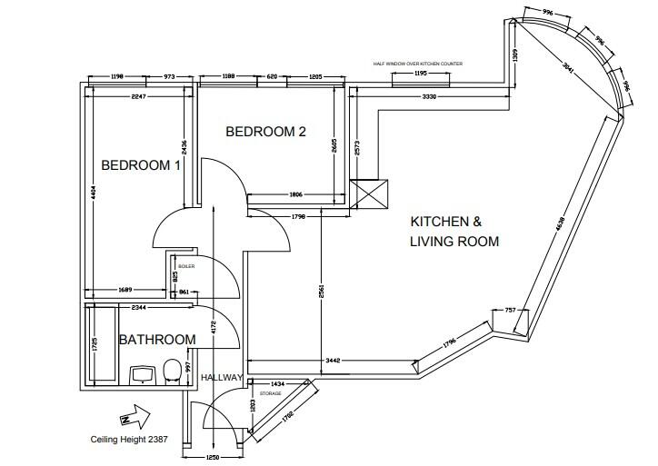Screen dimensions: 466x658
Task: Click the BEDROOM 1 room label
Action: (141, 165)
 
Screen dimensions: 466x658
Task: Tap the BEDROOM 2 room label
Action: (265, 132)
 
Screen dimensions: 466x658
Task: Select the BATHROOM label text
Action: (157, 340)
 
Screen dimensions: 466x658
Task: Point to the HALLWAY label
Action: (221, 378)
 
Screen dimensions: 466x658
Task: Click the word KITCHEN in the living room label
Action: (439, 222)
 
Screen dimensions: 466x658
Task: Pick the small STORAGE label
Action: (270, 393)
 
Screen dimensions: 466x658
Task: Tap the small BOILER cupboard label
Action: (186, 266)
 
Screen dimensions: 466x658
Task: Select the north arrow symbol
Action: (132, 417)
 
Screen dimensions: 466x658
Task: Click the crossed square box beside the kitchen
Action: (368, 194)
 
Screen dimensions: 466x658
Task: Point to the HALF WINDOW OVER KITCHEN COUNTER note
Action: (418, 64)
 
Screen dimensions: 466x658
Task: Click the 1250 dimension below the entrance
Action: (215, 457)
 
